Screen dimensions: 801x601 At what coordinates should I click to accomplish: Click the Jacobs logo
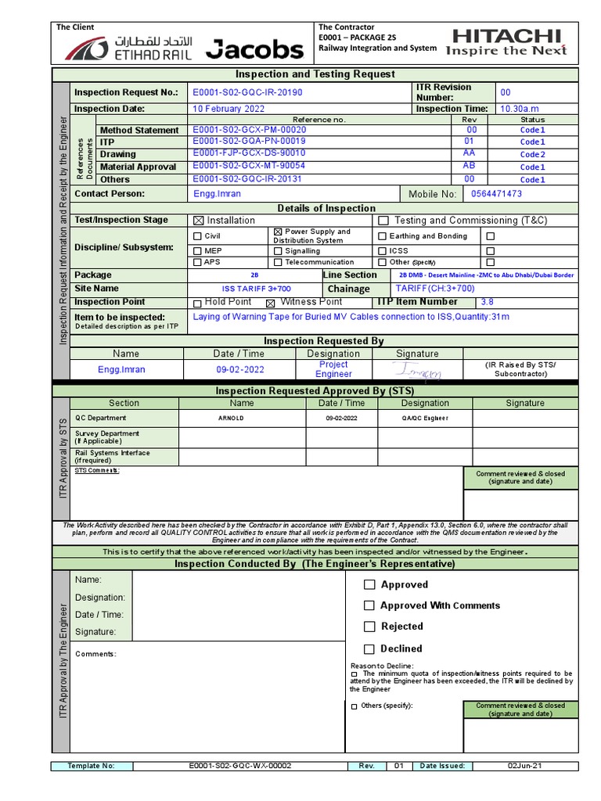[x=254, y=50]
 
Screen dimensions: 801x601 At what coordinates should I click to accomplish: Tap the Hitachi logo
[x=506, y=42]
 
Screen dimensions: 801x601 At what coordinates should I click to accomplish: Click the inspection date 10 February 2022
[x=229, y=109]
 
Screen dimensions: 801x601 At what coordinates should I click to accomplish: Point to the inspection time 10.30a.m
[x=520, y=109]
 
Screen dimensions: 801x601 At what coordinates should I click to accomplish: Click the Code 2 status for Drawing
[x=532, y=155]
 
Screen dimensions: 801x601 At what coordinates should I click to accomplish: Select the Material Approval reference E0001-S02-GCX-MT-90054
[x=249, y=166]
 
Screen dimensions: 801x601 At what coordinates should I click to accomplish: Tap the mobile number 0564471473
[x=496, y=194]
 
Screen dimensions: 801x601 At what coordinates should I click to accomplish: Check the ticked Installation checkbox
[x=197, y=221]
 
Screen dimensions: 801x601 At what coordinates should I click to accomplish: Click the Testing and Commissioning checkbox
[x=383, y=221]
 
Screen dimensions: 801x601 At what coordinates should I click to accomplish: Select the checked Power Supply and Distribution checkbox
[x=278, y=232]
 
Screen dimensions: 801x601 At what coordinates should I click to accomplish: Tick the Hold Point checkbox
[x=197, y=304]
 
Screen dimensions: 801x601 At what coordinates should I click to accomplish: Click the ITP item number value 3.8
[x=487, y=302]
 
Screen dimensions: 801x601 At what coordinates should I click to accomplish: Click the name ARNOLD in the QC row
[x=231, y=418]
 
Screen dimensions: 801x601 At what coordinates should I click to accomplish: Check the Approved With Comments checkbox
[x=369, y=605]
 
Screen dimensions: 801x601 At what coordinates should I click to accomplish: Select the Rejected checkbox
[x=369, y=627]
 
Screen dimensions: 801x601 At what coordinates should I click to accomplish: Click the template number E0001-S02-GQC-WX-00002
[x=240, y=766]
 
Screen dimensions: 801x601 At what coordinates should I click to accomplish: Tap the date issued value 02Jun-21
[x=524, y=766]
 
